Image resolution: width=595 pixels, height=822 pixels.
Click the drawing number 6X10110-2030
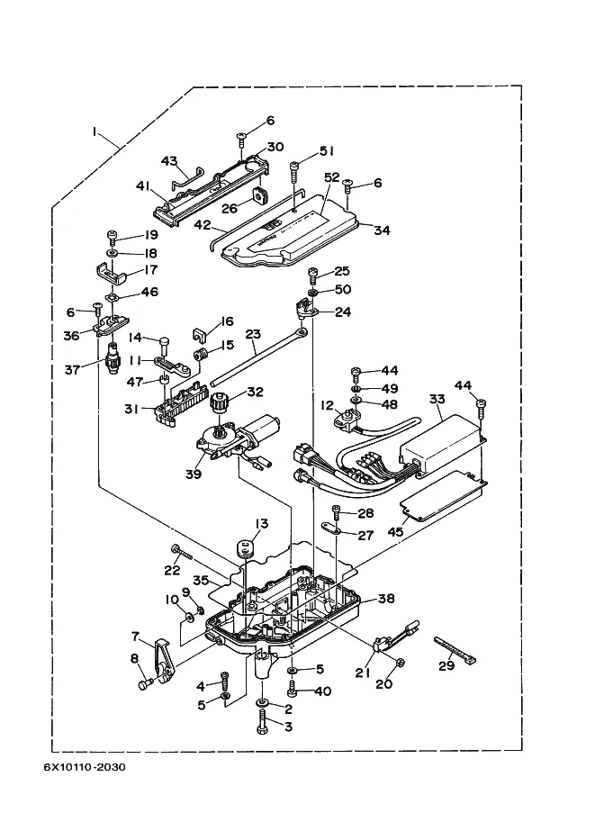coord(85,767)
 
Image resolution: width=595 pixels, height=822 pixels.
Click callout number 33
coord(437,399)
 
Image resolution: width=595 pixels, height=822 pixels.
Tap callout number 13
coord(262,524)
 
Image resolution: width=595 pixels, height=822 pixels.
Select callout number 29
coord(446,665)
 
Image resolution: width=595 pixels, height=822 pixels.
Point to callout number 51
coord(327,151)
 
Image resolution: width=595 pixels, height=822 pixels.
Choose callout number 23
coord(253,334)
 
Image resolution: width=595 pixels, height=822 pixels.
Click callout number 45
coord(395,531)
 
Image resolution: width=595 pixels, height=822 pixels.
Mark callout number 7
coord(135,637)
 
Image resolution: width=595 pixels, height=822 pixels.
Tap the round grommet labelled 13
coord(244,549)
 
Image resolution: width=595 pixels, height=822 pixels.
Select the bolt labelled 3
coord(262,723)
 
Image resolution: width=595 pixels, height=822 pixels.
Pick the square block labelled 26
coord(259,195)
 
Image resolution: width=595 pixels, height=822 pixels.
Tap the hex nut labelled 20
coord(399,663)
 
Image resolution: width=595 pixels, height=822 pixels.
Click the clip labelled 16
coord(199,333)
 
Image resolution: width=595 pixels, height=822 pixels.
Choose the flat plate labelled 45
coord(443,495)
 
